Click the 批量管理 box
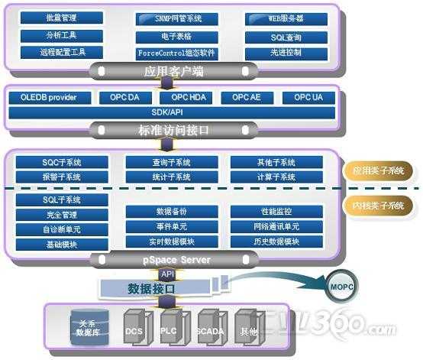coord(62,18)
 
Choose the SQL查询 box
coord(287,37)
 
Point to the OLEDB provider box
coord(47,98)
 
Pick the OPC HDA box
coord(186,98)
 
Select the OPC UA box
coord(308,98)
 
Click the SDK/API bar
coord(172,113)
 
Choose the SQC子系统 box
coord(62,163)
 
